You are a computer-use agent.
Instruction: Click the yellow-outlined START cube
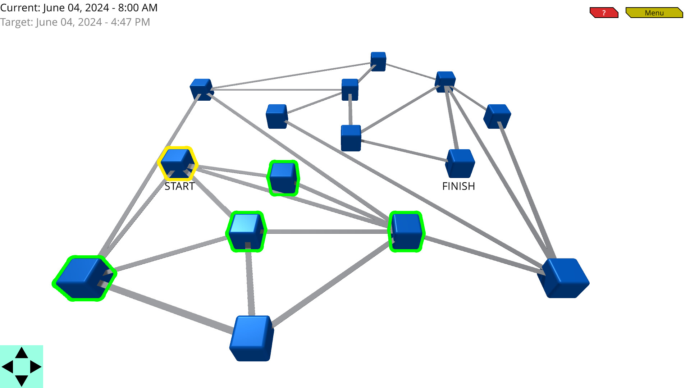(x=178, y=164)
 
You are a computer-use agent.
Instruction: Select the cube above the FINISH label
(x=460, y=164)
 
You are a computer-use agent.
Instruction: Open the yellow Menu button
(x=654, y=13)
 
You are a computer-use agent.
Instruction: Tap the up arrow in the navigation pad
(x=22, y=353)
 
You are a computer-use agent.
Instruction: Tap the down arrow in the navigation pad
(x=22, y=380)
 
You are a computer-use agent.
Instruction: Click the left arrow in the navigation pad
(x=8, y=367)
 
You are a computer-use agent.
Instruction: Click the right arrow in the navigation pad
(x=35, y=367)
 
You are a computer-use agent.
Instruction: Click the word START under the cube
(x=179, y=186)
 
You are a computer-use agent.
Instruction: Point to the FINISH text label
(x=458, y=186)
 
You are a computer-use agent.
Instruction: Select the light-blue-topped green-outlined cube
(x=247, y=232)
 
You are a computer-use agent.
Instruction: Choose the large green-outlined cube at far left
(x=84, y=278)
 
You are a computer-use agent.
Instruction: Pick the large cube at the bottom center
(x=252, y=338)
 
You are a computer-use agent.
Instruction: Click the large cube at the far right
(x=563, y=278)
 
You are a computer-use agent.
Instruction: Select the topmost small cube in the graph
(x=378, y=61)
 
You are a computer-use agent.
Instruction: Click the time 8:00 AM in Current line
(x=138, y=8)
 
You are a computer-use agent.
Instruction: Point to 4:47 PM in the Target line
(x=130, y=22)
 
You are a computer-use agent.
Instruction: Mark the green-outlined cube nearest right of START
(x=283, y=178)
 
